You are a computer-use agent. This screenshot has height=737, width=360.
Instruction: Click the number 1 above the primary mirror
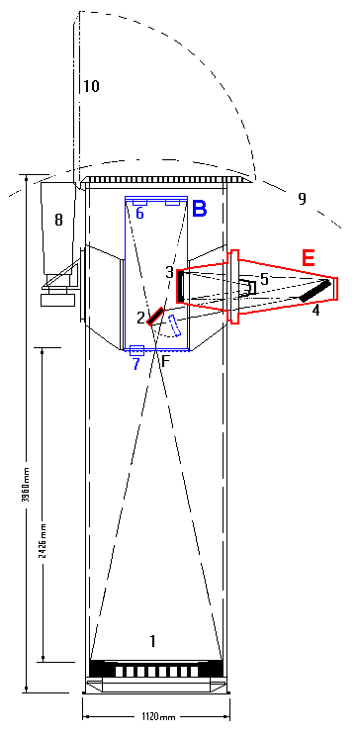152,641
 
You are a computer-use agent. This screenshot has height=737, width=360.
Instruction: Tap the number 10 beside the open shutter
92,86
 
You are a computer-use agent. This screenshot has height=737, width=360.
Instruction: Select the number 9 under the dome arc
303,199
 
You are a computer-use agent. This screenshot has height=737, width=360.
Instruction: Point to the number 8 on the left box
58,220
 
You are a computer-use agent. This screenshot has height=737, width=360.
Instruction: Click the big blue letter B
200,208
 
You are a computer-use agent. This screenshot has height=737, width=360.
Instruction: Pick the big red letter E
309,258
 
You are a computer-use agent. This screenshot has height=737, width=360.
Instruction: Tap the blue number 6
140,213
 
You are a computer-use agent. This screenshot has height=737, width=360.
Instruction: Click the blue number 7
135,364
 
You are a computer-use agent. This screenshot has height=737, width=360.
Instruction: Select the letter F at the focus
165,361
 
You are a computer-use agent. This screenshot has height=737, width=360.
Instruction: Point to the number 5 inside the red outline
265,279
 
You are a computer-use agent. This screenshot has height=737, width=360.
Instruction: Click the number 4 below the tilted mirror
316,311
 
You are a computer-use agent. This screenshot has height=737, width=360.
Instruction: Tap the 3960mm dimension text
26,485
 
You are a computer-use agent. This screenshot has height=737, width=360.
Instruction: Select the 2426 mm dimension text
42,540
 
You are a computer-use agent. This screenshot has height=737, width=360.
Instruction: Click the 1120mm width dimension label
156,717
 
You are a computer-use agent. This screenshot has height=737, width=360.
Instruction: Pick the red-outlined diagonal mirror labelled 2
154,317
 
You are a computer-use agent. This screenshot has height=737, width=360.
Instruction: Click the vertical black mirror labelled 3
180,286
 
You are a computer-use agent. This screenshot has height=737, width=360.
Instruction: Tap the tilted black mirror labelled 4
315,291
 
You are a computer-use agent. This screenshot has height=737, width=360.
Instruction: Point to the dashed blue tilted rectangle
175,325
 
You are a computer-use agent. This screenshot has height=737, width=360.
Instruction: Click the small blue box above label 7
136,350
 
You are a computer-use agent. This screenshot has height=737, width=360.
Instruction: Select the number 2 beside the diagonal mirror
140,319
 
